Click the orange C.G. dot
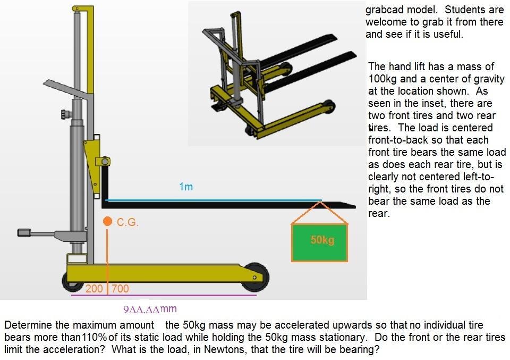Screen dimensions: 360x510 107,221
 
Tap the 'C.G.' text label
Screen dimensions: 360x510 127,223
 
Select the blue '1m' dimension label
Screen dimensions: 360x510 185,187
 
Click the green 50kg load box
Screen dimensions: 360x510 319,242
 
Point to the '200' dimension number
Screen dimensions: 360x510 94,289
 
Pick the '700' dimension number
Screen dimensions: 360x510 120,289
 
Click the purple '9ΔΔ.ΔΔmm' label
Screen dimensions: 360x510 150,309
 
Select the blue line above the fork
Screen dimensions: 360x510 212,200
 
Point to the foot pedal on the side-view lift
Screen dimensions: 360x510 25,232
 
